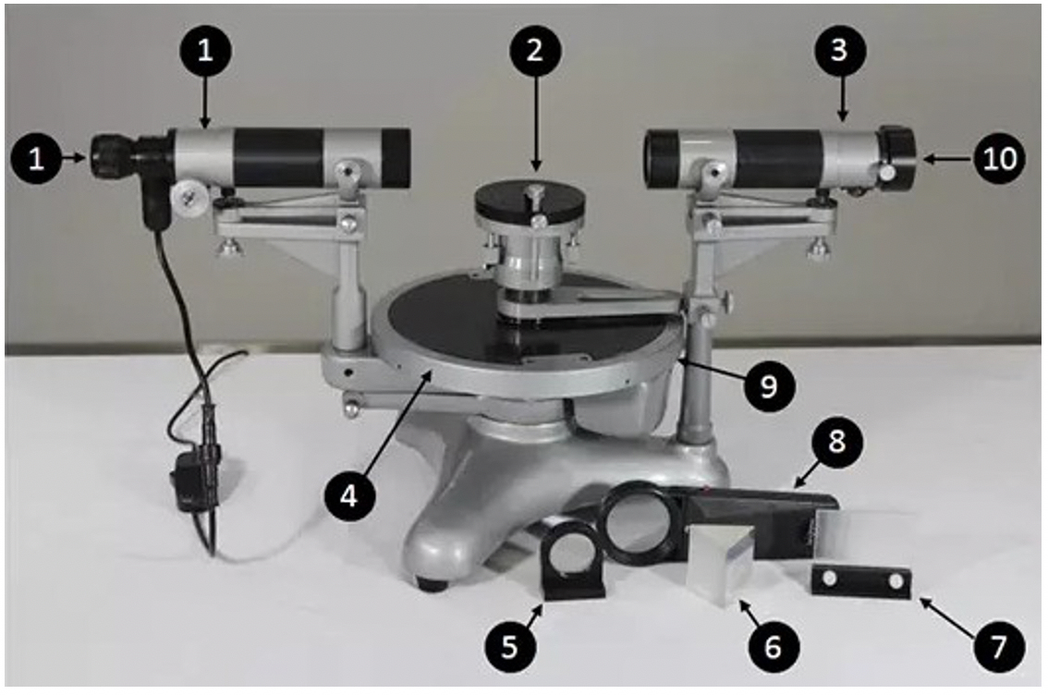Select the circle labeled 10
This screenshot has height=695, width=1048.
(x=1000, y=159)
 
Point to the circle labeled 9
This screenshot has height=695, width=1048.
(x=769, y=384)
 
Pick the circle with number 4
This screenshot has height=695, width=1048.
(x=349, y=496)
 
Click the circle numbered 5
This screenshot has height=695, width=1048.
(x=509, y=646)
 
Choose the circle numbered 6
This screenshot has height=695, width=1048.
(x=774, y=646)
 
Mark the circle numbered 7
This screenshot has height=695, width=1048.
(x=998, y=646)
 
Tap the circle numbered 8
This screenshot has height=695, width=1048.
(x=836, y=442)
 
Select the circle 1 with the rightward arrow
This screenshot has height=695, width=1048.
(x=37, y=159)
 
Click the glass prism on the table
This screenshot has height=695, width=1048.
(x=726, y=560)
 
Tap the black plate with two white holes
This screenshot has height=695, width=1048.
(x=861, y=581)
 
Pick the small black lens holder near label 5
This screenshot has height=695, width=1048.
(x=574, y=560)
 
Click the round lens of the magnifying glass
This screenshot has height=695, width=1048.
(x=642, y=521)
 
